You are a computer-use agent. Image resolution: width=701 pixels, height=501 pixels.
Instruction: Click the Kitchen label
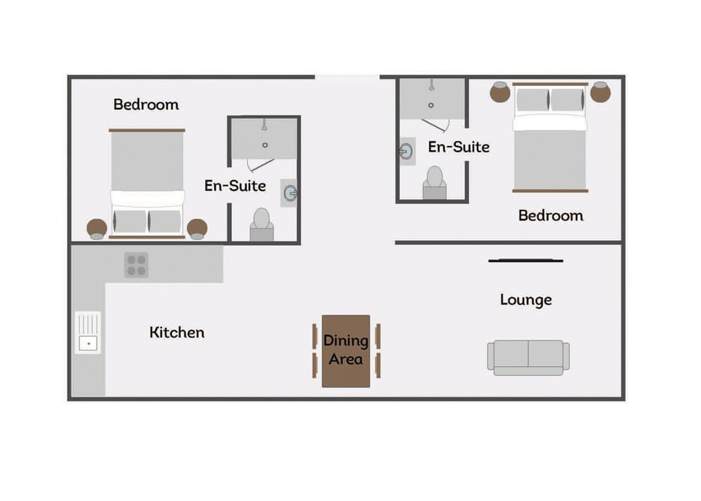[x=177, y=332]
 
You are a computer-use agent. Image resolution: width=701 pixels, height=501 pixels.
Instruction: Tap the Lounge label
[x=526, y=300]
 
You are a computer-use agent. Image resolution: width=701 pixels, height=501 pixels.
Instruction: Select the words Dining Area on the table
[x=345, y=350]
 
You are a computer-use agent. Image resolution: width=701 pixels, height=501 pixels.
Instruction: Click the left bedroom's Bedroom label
[x=146, y=104]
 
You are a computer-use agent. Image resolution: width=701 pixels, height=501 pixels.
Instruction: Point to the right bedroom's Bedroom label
[x=551, y=216]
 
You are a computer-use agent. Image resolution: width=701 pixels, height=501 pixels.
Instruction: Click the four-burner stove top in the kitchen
[x=136, y=265]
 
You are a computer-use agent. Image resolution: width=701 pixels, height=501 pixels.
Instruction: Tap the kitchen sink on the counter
[x=88, y=332]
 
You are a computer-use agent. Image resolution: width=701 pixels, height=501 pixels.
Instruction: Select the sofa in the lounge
[x=528, y=357]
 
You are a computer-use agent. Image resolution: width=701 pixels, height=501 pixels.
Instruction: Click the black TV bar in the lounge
[x=526, y=261]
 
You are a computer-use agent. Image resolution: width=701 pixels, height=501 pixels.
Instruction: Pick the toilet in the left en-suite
[x=262, y=224]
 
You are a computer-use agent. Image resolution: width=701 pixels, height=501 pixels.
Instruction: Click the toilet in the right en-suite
[x=435, y=182]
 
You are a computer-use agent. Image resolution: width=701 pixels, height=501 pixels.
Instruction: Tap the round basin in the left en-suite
[x=291, y=193]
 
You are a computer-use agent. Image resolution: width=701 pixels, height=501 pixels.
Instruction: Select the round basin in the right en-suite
[x=406, y=151]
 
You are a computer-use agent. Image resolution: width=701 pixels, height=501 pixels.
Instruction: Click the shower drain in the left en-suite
[x=265, y=145]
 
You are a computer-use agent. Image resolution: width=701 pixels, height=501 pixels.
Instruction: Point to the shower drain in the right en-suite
[x=431, y=105]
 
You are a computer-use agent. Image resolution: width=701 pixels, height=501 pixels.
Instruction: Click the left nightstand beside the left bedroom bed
[x=97, y=229]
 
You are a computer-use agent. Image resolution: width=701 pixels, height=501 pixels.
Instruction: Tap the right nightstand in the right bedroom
[x=601, y=92]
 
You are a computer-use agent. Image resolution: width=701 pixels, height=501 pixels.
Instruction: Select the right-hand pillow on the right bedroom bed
[x=567, y=99]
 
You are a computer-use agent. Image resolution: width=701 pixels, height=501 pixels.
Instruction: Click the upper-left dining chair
[x=315, y=336]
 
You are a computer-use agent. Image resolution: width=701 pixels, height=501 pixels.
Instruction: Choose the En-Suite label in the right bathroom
[x=459, y=147]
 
